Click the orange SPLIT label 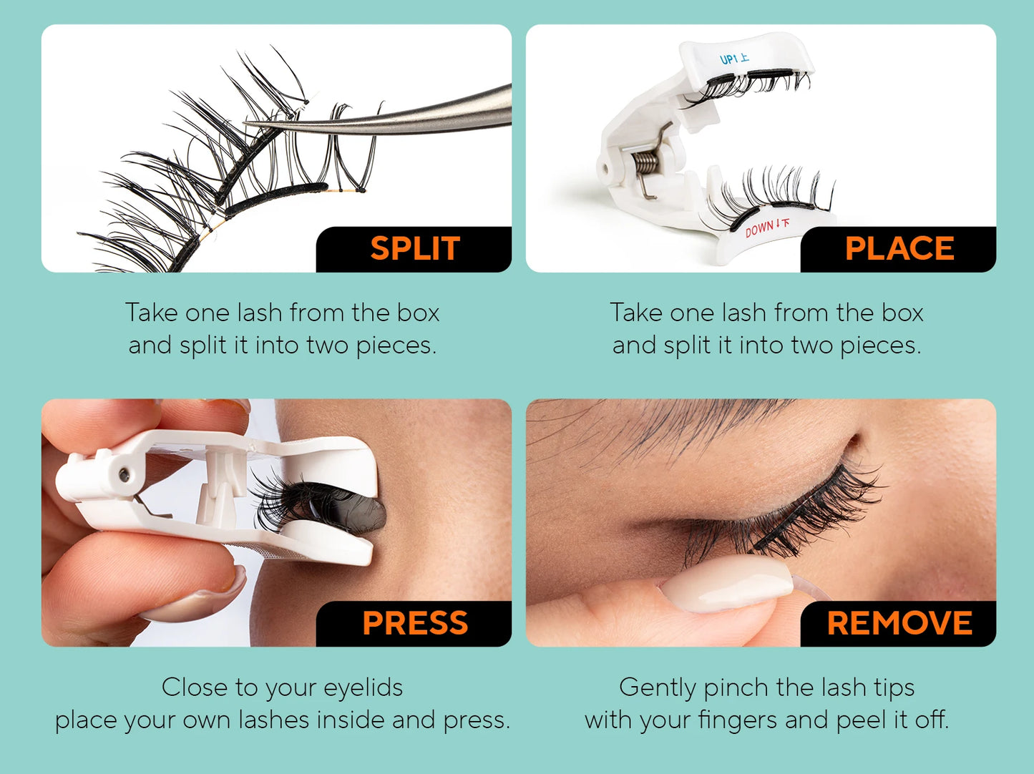414,249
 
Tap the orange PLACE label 899,249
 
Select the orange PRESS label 415,623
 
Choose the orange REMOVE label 899,623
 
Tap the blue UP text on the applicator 729,59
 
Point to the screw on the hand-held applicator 125,474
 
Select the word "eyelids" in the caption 363,687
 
